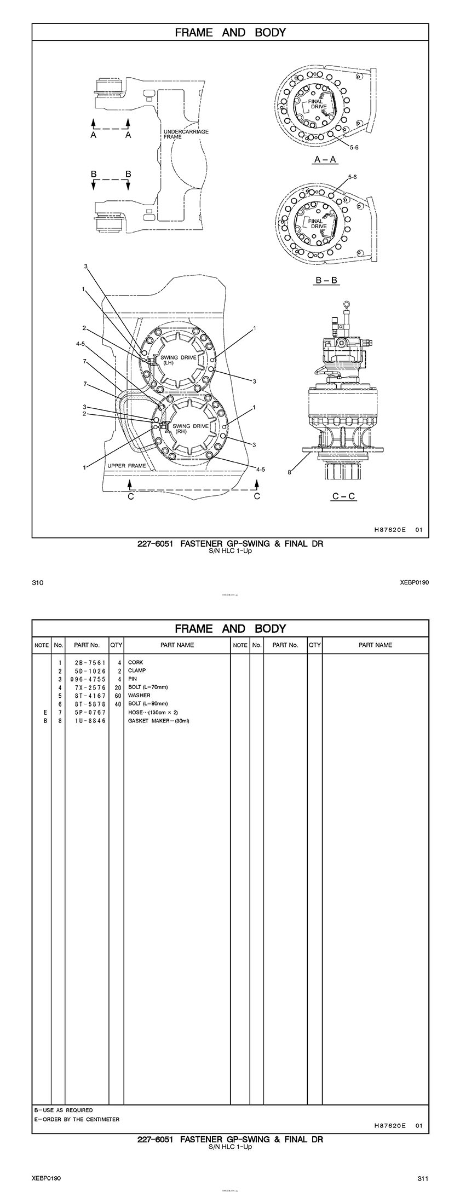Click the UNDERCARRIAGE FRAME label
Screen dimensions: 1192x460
point(186,135)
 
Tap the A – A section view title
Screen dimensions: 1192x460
point(325,160)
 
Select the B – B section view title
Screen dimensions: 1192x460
point(326,280)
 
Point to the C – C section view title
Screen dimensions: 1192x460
point(343,496)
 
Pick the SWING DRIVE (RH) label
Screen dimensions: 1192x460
point(190,429)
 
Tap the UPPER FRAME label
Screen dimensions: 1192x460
point(127,466)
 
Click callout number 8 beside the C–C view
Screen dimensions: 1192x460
point(290,472)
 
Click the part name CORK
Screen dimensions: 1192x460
point(135,662)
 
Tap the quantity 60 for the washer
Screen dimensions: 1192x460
point(118,696)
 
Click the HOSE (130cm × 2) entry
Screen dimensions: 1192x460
point(153,713)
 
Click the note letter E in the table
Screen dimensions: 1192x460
point(44,713)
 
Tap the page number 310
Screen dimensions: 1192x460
point(37,583)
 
